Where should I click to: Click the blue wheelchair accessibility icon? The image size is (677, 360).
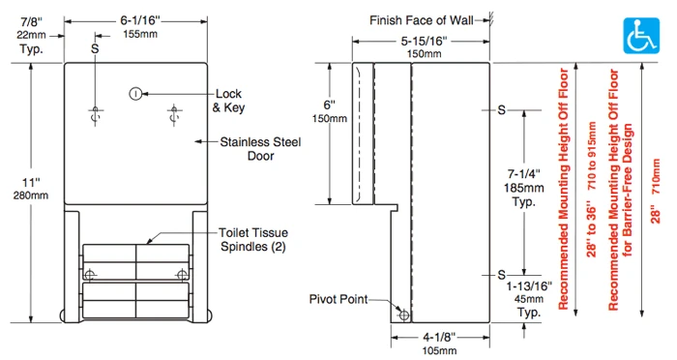click(641, 36)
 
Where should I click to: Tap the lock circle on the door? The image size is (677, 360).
click(135, 93)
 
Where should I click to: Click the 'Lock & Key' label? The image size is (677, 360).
click(228, 101)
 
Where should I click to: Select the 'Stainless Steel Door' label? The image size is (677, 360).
click(260, 149)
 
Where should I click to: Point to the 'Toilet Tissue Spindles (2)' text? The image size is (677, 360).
click(253, 239)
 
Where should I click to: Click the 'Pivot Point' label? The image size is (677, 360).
click(338, 299)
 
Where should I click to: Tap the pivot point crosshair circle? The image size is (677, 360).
click(404, 315)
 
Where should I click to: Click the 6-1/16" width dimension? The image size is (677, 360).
click(140, 27)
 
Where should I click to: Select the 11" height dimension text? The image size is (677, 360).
click(31, 189)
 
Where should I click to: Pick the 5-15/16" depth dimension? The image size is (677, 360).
click(424, 46)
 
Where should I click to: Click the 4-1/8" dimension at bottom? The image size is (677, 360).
click(439, 344)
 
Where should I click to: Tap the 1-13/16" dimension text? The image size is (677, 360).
click(529, 299)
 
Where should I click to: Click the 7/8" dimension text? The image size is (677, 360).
click(31, 35)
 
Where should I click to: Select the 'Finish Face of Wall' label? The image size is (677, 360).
click(421, 20)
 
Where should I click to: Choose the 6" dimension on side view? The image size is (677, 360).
click(330, 111)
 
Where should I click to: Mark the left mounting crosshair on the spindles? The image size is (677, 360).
click(90, 274)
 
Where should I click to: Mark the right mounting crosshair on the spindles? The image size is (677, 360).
click(182, 274)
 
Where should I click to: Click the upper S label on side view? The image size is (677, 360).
click(501, 110)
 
